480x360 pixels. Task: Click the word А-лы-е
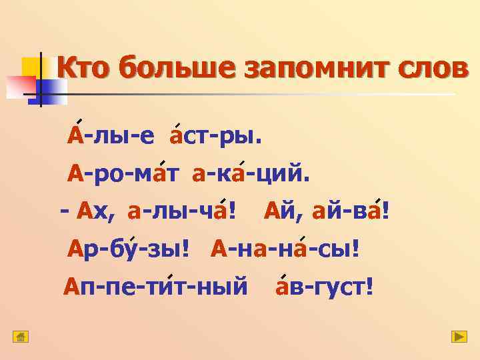point(111,136)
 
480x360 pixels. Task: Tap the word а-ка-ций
point(251,174)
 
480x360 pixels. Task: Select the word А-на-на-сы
point(285,250)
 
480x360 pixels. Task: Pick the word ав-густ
point(324,288)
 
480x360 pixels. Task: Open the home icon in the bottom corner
point(21,337)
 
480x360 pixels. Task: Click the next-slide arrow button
point(459,337)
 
